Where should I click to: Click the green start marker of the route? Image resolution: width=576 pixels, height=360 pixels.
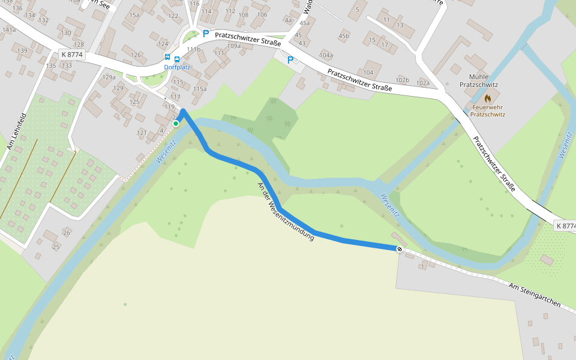[x=176, y=124]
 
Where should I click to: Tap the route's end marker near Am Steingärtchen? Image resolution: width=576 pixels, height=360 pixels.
[x=400, y=248]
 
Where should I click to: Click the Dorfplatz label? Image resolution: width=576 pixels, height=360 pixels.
[x=177, y=67]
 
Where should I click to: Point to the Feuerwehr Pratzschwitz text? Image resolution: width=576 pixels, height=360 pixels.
[x=487, y=110]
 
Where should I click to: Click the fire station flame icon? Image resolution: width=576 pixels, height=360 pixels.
[x=487, y=98]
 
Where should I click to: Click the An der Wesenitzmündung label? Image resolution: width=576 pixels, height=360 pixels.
[x=286, y=211]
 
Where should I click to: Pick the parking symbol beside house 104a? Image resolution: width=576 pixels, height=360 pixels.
[x=291, y=60]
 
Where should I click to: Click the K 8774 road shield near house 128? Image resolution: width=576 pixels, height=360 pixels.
[x=71, y=55]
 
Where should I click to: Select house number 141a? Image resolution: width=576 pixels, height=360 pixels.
[x=9, y=29]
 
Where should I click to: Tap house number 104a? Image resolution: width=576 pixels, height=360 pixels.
[x=326, y=55]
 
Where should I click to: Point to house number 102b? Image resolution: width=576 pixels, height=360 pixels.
[x=402, y=80]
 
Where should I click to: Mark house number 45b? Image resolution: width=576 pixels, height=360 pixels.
[x=343, y=36]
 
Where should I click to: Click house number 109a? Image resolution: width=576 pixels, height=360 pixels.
[x=233, y=46]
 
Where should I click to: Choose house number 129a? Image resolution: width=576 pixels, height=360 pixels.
[x=109, y=77]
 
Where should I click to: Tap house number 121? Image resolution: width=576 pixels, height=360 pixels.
[x=142, y=133]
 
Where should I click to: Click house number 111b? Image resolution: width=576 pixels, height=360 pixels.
[x=193, y=49]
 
